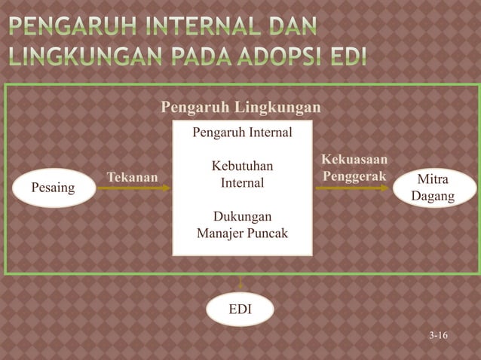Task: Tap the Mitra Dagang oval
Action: [x=433, y=188]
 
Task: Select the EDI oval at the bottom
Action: [x=240, y=310]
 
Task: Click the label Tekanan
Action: [x=133, y=177]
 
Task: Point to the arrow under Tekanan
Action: [x=133, y=188]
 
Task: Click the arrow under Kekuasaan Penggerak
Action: [x=352, y=188]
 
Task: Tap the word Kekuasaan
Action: [x=354, y=160]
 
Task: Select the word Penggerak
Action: [x=354, y=177]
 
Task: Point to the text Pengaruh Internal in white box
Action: [x=241, y=133]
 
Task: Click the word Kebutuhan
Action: [x=242, y=166]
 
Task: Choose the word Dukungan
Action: [x=242, y=217]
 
